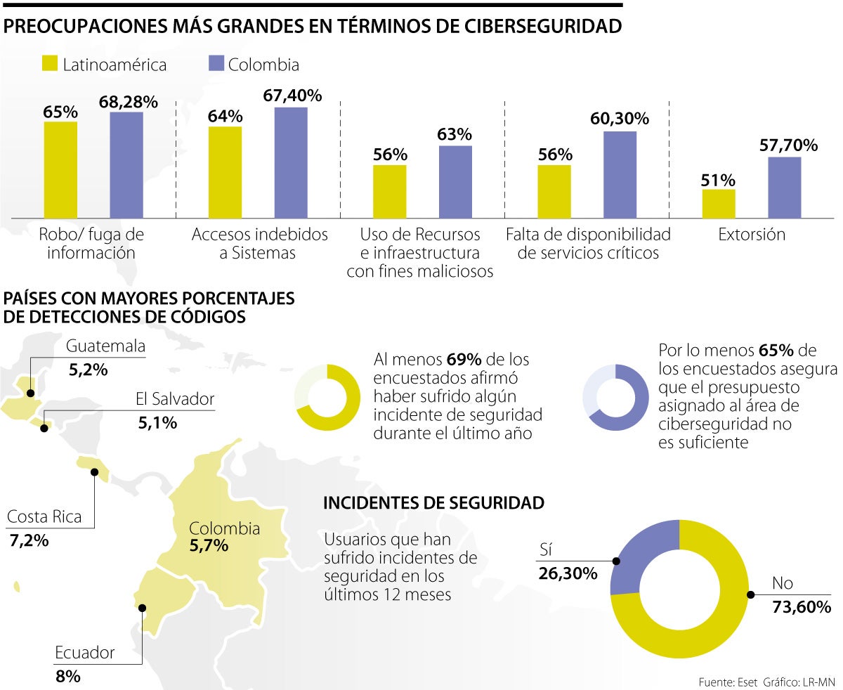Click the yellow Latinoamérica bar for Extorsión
[x=718, y=203]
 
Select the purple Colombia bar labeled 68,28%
[x=126, y=164]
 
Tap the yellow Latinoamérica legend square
[x=50, y=64]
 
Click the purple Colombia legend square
[x=216, y=64]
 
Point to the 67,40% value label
[x=292, y=96]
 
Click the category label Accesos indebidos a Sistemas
[x=260, y=243]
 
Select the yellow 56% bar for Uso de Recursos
[x=389, y=191]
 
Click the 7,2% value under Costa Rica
[x=29, y=540]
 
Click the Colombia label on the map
[x=224, y=528]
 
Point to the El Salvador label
[x=175, y=400]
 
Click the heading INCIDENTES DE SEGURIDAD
[x=433, y=503]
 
